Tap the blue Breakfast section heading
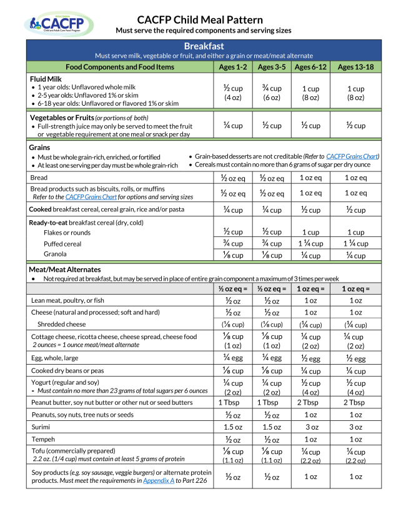[204, 46]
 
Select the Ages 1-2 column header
[232, 67]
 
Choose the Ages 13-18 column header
[355, 67]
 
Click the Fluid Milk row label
[46, 79]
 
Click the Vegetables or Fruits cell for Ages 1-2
[232, 125]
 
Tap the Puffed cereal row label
[62, 244]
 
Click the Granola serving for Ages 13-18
[355, 255]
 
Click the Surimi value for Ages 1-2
[232, 427]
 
